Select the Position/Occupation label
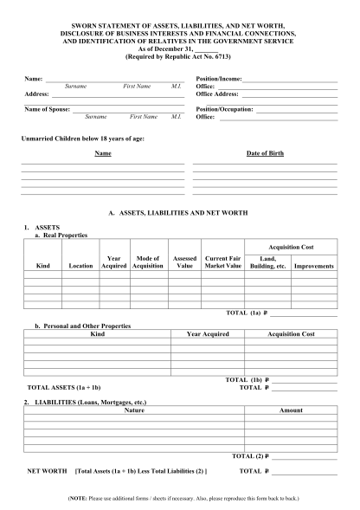(225, 109)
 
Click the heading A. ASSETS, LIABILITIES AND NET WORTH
(180, 212)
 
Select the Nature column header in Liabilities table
(134, 410)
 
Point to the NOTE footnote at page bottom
(180, 499)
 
